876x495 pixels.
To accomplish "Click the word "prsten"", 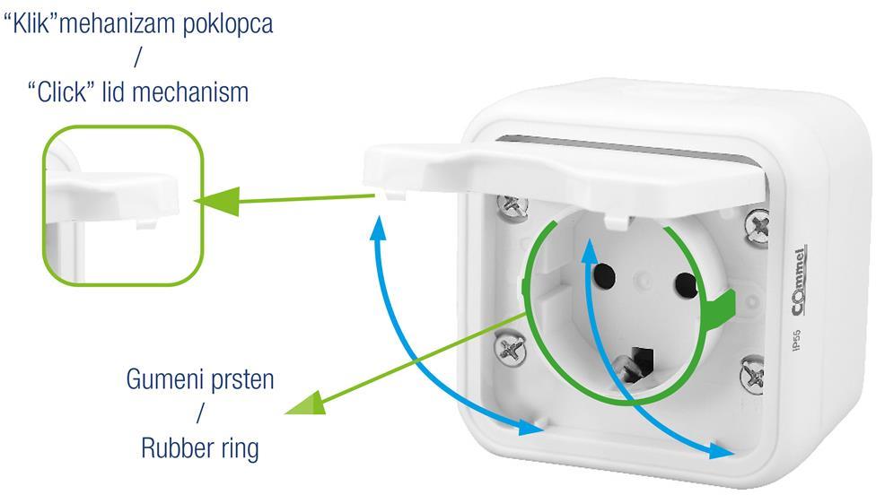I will pyautogui.click(x=241, y=379).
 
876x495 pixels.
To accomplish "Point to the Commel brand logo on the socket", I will pyautogui.click(x=799, y=280).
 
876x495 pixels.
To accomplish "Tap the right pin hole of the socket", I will pyautogui.click(x=686, y=284).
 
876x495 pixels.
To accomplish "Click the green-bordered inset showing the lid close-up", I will pyautogui.click(x=123, y=204).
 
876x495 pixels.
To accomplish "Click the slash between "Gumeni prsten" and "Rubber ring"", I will pyautogui.click(x=200, y=413).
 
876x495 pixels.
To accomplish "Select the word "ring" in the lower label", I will pyautogui.click(x=238, y=447).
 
